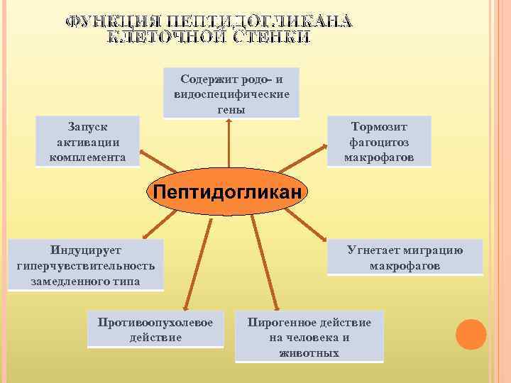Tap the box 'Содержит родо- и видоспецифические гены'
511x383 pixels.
(x=231, y=93)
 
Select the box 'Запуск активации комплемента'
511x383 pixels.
(x=88, y=141)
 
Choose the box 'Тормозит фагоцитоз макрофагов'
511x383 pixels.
(x=379, y=141)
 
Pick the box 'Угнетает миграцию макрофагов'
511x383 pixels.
(x=405, y=257)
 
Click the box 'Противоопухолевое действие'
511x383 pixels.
(x=155, y=329)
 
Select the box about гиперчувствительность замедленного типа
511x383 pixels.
(x=85, y=265)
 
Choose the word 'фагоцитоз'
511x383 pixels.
(x=379, y=141)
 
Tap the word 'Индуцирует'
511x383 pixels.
(x=85, y=250)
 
